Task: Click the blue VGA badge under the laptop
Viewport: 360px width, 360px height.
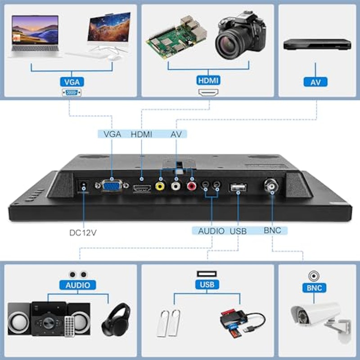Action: coord(72,82)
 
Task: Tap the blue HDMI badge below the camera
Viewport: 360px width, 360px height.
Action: coord(208,81)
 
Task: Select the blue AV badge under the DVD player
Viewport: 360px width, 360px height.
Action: coord(315,82)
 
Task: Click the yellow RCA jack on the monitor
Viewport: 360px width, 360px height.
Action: coord(160,186)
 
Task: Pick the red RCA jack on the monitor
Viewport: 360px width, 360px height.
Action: coord(192,186)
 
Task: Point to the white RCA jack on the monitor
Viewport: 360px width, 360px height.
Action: coord(176,186)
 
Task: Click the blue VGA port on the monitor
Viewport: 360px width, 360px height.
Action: coord(112,185)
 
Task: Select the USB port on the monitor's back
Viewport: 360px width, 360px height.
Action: coord(238,188)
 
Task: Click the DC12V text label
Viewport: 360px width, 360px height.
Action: coord(83,233)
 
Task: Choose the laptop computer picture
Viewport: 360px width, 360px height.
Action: coord(35,36)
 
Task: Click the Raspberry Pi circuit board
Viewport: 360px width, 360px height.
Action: coord(176,37)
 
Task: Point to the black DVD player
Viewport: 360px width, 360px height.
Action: coord(317,44)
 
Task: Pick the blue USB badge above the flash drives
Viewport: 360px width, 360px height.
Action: coord(207,284)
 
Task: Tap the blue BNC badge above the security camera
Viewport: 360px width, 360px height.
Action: coord(314,288)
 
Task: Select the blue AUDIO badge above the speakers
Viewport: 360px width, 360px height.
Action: coord(77,285)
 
